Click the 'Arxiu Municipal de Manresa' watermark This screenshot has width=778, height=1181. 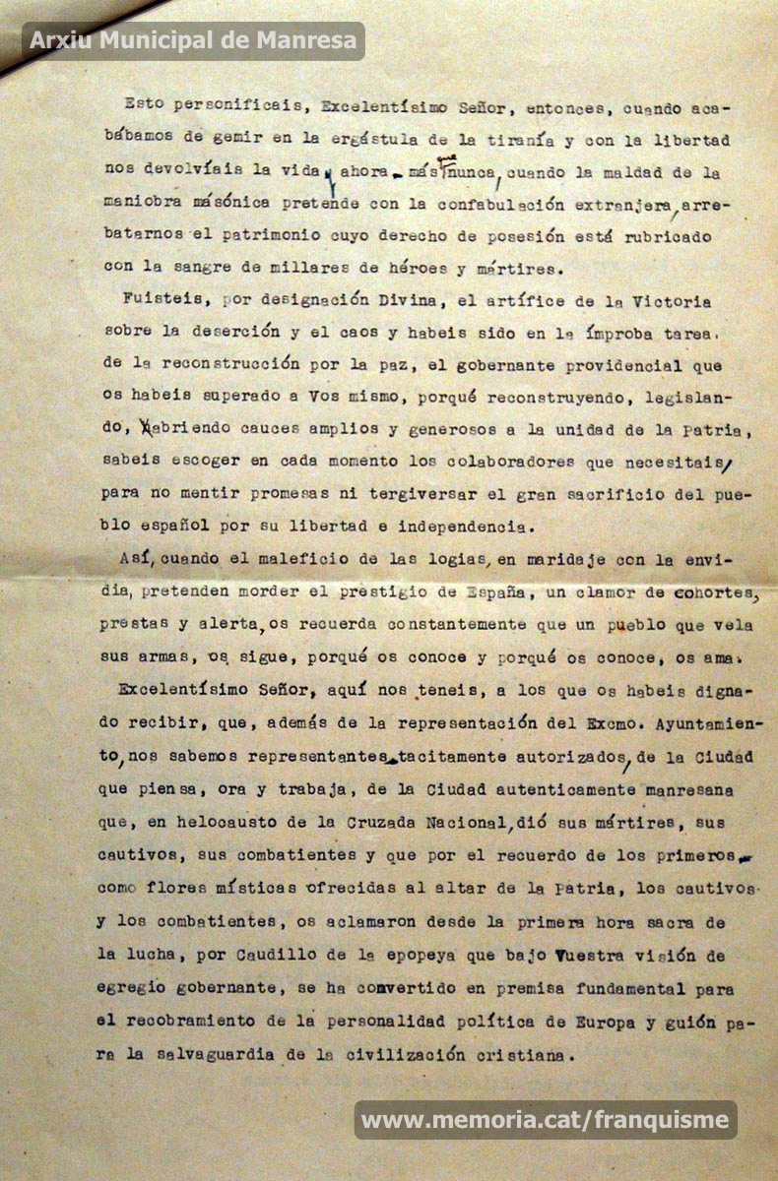point(193,40)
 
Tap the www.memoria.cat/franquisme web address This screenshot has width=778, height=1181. point(546,1119)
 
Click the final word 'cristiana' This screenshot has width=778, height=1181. point(518,1054)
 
